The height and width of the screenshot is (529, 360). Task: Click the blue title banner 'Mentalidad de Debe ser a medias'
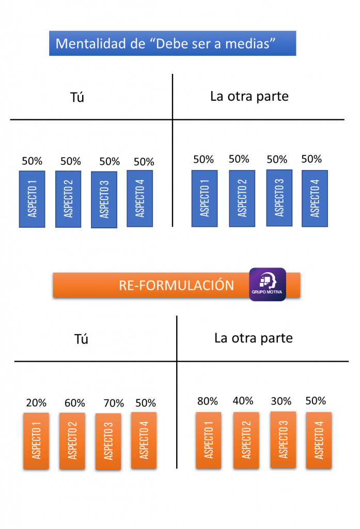tap(173, 43)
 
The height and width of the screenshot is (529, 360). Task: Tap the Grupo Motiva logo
tap(268, 284)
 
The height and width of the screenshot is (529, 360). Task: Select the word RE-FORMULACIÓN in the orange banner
tap(176, 285)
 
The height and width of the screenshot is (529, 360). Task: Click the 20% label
tap(36, 403)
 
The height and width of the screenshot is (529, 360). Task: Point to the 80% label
tap(208, 401)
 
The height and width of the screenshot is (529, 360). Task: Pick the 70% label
tap(114, 403)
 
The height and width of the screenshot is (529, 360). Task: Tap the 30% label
tap(281, 401)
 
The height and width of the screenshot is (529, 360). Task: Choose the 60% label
tap(75, 403)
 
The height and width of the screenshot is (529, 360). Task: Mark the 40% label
tap(243, 401)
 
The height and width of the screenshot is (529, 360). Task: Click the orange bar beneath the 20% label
tap(36, 441)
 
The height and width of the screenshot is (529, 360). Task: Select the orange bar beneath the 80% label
tap(209, 440)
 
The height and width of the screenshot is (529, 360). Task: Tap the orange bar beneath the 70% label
tap(108, 441)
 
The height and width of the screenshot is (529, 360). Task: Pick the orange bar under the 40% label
tap(246, 440)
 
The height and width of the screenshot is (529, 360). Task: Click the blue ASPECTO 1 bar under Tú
tap(32, 199)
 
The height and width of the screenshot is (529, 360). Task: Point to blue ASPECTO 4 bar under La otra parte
tap(315, 198)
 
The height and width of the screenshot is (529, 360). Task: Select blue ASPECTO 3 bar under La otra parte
tap(279, 198)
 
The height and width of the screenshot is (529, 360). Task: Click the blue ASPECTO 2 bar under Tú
tap(68, 199)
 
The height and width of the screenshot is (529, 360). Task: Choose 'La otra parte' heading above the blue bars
tap(249, 96)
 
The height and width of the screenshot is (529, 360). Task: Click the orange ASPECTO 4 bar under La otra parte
tap(319, 440)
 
